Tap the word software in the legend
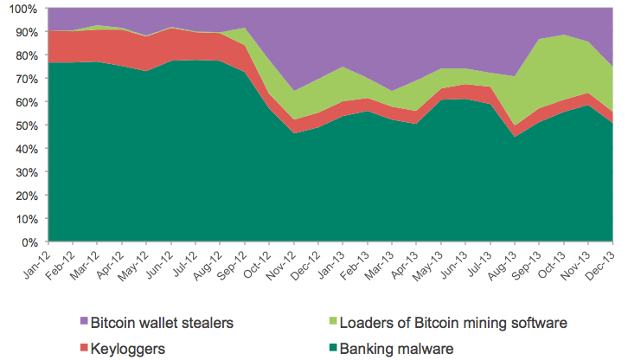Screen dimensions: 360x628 tap(536, 324)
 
